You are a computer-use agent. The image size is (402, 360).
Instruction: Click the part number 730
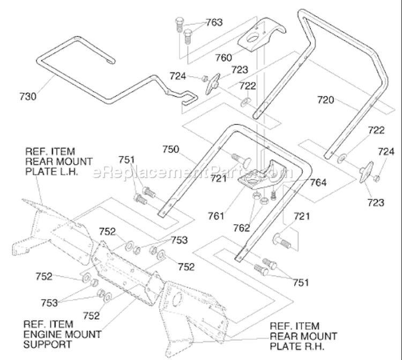tap(28, 97)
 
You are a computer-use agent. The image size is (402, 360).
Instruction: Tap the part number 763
tap(214, 23)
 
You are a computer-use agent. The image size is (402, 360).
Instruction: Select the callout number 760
tap(224, 57)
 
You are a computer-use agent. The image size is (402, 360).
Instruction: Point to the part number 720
tap(325, 100)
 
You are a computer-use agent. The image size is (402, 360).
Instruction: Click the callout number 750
tap(171, 149)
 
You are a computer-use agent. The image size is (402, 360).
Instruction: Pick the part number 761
tap(216, 216)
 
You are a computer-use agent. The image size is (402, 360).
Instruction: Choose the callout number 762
tap(242, 227)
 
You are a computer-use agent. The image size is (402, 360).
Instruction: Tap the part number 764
tap(318, 182)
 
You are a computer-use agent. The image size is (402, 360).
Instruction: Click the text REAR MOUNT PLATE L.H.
tap(59, 161)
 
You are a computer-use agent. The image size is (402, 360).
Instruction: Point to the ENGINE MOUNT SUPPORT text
tap(62, 334)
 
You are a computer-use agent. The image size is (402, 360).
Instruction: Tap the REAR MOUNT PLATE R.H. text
tap(303, 336)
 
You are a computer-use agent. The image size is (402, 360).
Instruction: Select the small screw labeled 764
tap(274, 195)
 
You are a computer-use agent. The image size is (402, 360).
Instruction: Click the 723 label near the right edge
tap(376, 202)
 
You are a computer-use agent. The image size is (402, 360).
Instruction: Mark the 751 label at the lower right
tap(301, 283)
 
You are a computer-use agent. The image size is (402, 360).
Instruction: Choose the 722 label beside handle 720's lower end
tap(376, 130)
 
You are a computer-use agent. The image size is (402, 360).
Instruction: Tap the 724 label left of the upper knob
tap(177, 76)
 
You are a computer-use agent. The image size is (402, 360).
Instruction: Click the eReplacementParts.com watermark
tap(192, 173)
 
